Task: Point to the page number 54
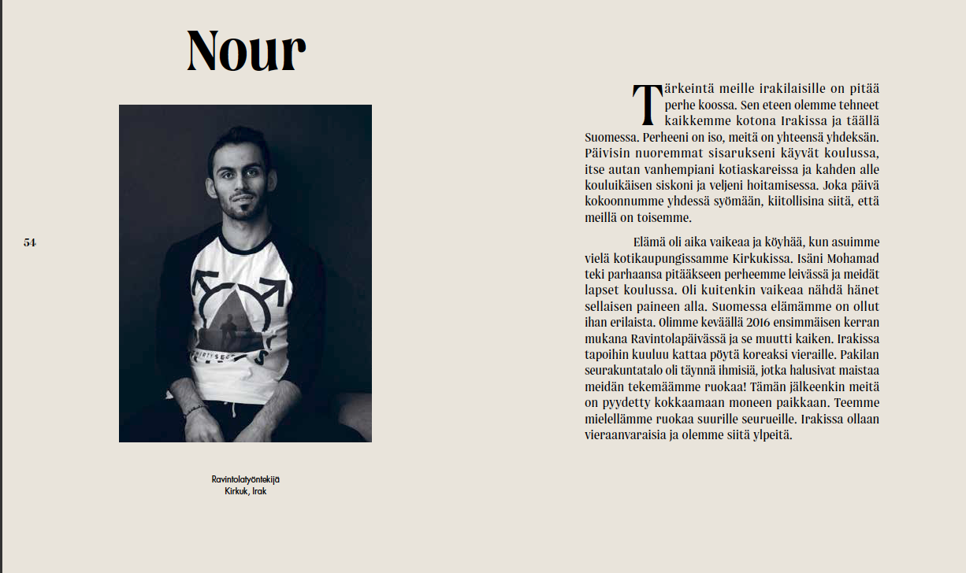(x=30, y=242)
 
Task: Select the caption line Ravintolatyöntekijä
(x=245, y=479)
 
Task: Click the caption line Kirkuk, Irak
(x=245, y=491)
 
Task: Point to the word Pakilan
(x=858, y=355)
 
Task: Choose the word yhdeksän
(x=852, y=137)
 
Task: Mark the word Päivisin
(x=606, y=153)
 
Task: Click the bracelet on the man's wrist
(x=195, y=410)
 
